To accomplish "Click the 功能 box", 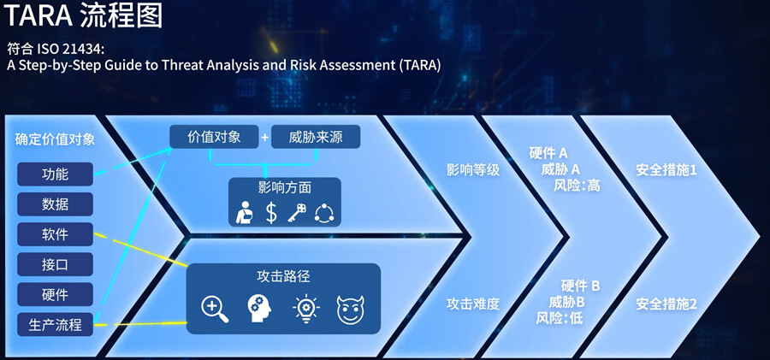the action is click(x=55, y=174).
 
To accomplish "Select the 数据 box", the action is click(x=55, y=204).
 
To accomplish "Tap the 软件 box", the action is click(x=55, y=234).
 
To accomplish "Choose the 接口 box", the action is click(x=55, y=264).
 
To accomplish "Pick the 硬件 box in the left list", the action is click(x=55, y=295).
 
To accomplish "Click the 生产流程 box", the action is click(x=55, y=325).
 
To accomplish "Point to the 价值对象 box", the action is click(x=214, y=137).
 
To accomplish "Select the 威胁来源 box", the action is click(x=316, y=137).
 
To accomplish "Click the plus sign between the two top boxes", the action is click(x=265, y=138).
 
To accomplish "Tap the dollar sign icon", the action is click(x=271, y=213).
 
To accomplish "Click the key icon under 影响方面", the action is click(x=297, y=213).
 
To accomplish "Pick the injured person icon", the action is click(x=244, y=213).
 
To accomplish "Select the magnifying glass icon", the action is click(x=215, y=309).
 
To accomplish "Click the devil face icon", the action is click(x=350, y=310).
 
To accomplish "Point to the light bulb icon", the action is click(x=305, y=309).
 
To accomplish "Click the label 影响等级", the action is click(x=473, y=170).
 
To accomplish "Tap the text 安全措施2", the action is click(x=666, y=304).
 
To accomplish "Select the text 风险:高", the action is click(x=577, y=186).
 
